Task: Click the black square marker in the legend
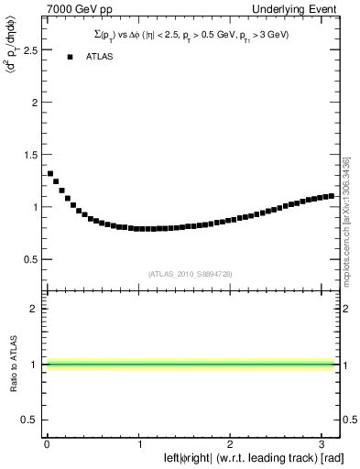pyautogui.click(x=70, y=57)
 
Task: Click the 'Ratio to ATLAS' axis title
pyautogui.click(x=12, y=363)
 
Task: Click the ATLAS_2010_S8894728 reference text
pyautogui.click(x=190, y=273)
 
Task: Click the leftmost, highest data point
pyautogui.click(x=50, y=173)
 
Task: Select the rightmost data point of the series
pyautogui.click(x=331, y=195)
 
